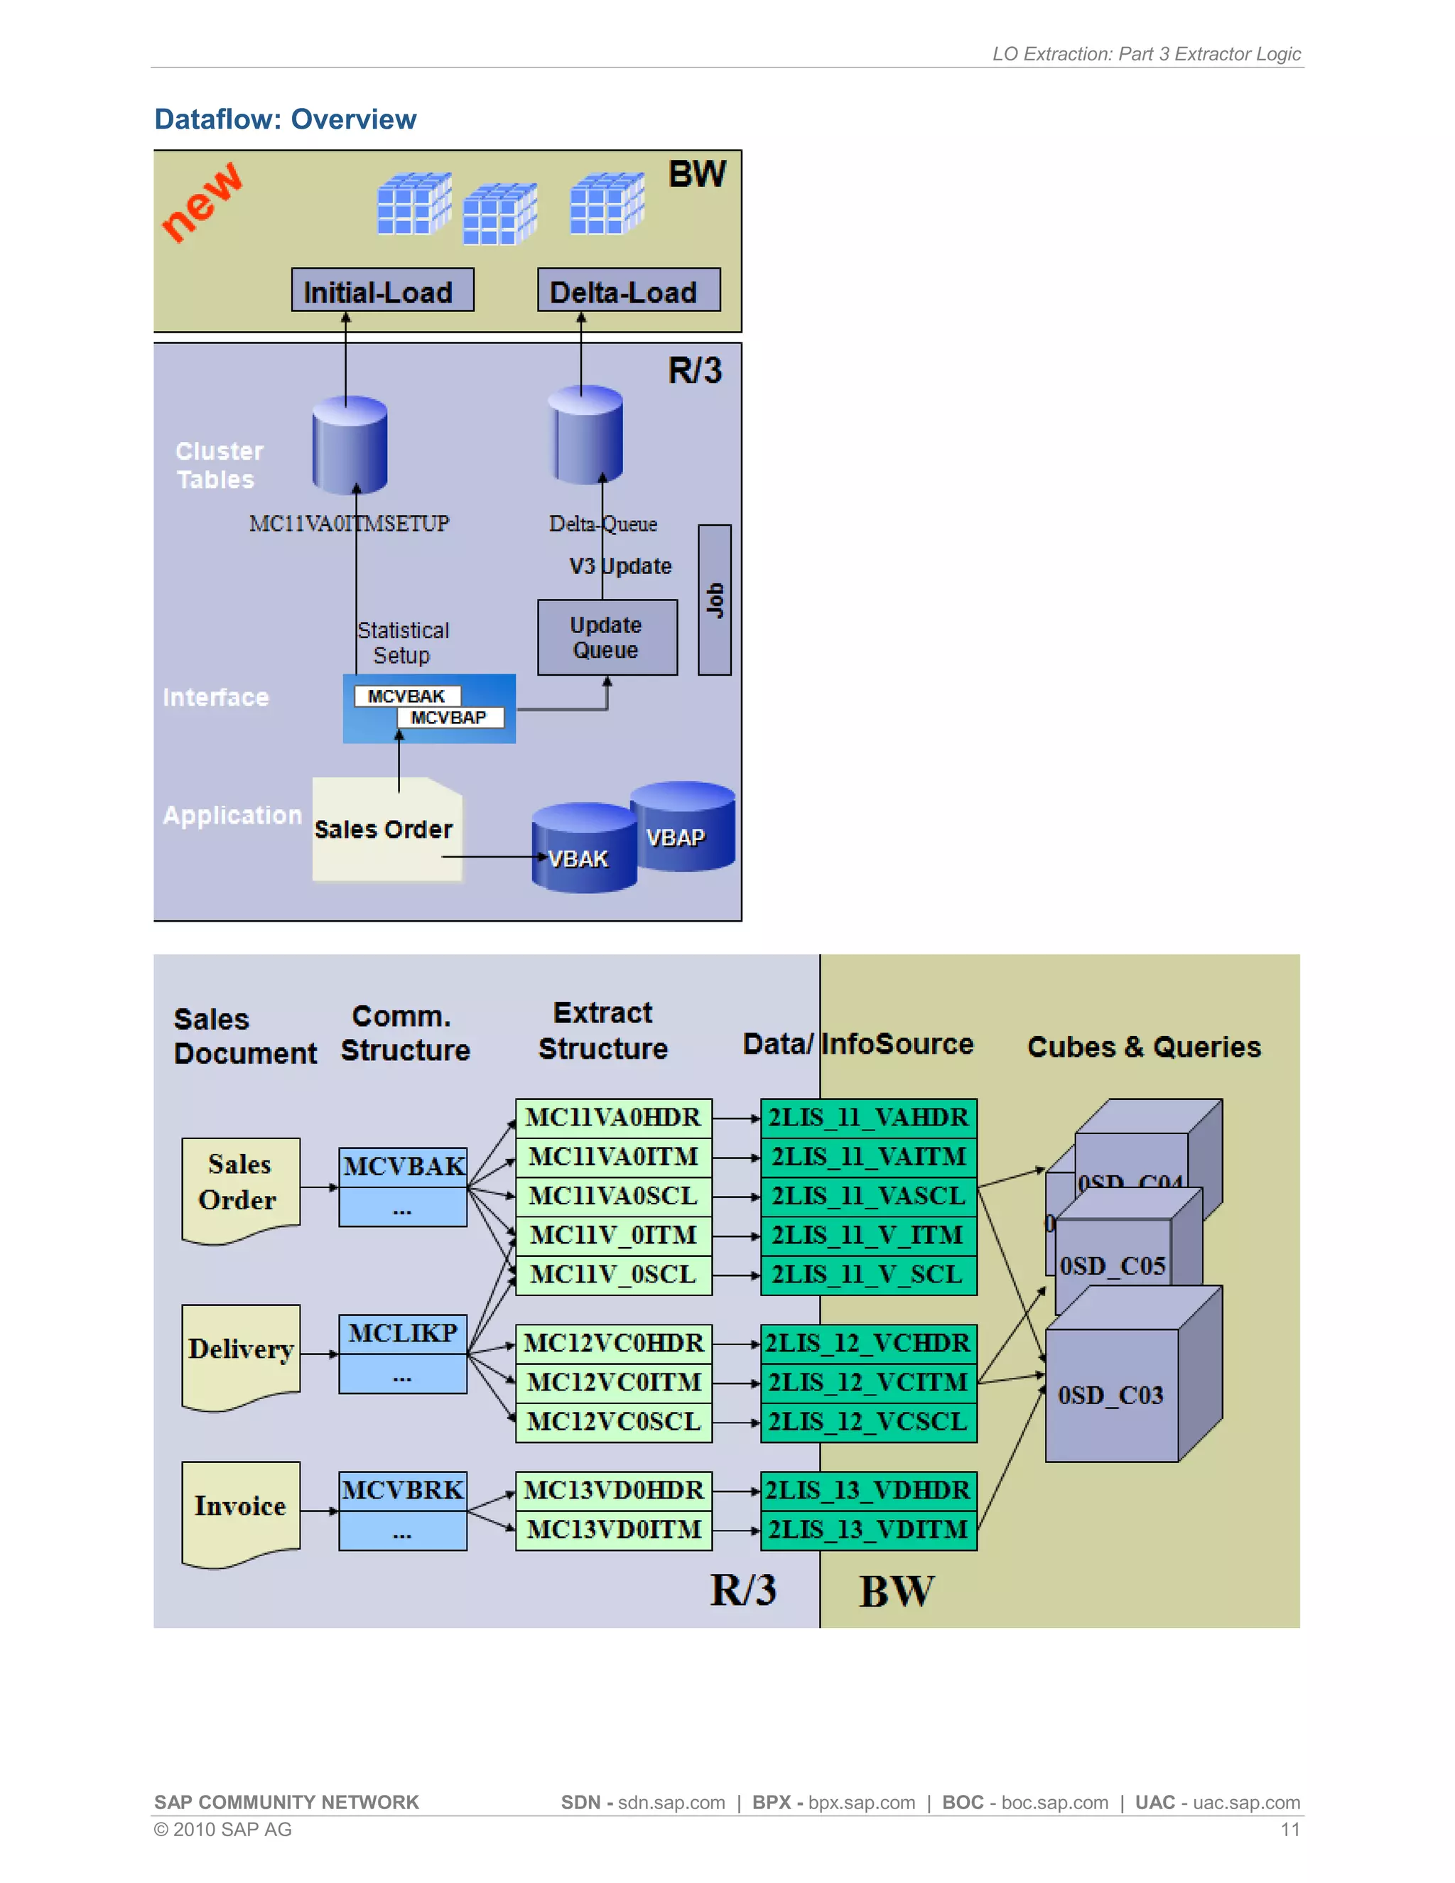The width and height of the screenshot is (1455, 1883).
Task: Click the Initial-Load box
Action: click(382, 291)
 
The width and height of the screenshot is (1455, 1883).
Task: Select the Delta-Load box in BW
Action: click(628, 291)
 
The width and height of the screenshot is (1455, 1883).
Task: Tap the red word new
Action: click(202, 202)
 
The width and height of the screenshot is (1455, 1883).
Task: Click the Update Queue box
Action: click(607, 637)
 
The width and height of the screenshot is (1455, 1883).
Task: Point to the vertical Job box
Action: click(714, 599)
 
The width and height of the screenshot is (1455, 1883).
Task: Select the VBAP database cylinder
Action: click(683, 828)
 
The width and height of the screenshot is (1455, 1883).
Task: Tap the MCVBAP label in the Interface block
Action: click(449, 718)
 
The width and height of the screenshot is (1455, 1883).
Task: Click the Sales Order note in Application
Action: click(385, 829)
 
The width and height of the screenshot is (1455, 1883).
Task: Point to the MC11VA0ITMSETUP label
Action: click(349, 524)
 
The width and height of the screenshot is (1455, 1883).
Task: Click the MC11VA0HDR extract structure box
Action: click(613, 1118)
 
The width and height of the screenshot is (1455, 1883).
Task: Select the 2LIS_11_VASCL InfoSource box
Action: click(868, 1196)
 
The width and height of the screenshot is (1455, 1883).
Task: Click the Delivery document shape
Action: click(241, 1353)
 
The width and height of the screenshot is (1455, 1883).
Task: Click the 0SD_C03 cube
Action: click(1111, 1395)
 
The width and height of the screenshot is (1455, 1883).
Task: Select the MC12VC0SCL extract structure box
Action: click(613, 1422)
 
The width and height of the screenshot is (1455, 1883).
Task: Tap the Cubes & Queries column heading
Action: click(1144, 1047)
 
